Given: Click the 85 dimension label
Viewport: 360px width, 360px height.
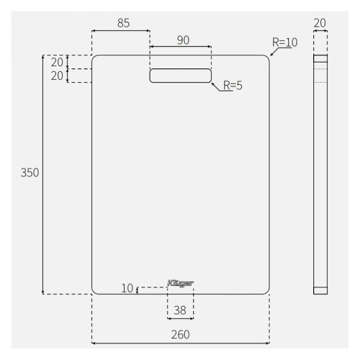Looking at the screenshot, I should (123, 23).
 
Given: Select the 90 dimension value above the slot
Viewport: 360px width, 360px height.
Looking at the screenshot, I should (183, 40).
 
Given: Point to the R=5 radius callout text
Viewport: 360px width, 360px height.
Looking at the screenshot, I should (233, 86).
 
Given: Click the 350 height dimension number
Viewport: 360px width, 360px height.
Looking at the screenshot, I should (30, 173).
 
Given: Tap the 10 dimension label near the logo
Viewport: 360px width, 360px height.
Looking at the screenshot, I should (127, 289).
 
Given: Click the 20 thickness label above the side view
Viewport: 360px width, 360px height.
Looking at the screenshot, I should (320, 23).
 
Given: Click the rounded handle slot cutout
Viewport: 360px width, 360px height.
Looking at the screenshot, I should (181, 76).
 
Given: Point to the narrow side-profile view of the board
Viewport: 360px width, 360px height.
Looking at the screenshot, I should (320, 173).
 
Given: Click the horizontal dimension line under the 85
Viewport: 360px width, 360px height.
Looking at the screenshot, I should (121, 31).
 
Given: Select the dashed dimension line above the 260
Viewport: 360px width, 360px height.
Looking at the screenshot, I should (181, 343).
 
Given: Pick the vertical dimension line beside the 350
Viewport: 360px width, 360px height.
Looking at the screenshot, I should (43, 216).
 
